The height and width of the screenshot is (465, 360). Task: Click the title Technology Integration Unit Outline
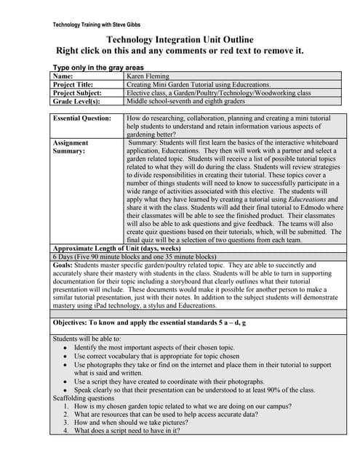[180, 39]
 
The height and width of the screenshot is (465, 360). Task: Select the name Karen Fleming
[148, 76]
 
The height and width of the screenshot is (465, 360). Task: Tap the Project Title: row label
[77, 84]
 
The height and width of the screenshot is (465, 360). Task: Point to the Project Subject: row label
[80, 93]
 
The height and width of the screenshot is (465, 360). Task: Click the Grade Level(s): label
[76, 102]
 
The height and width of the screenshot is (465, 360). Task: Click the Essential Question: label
[81, 118]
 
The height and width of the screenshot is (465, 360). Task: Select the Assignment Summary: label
[71, 147]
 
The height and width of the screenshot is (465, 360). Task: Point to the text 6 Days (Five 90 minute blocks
[134, 257]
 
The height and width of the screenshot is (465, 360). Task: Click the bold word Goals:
[63, 266]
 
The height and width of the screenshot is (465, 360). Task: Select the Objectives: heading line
[149, 322]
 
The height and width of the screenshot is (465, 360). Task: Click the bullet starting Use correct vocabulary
[156, 357]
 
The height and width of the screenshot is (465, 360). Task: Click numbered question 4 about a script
[127, 430]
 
